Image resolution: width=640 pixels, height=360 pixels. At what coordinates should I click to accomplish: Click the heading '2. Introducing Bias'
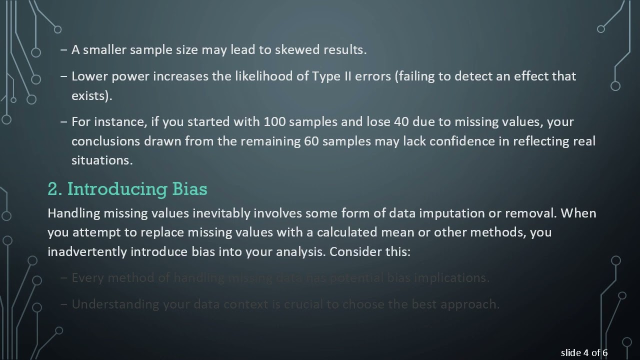tap(127, 189)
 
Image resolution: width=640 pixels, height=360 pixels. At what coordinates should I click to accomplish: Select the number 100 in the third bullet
tap(274, 121)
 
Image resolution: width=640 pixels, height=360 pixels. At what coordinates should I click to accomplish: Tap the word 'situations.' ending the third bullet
tap(102, 160)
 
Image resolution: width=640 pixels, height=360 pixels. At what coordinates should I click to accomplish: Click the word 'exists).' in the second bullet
tap(91, 95)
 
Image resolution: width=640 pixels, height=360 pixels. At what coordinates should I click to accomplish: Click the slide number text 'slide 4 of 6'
tap(584, 353)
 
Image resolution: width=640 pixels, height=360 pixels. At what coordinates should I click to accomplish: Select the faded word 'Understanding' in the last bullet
tap(115, 304)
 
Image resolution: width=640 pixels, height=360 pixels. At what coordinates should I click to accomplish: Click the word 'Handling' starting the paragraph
tap(73, 213)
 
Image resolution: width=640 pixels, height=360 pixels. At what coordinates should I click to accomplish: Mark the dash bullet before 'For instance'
tap(63, 121)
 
